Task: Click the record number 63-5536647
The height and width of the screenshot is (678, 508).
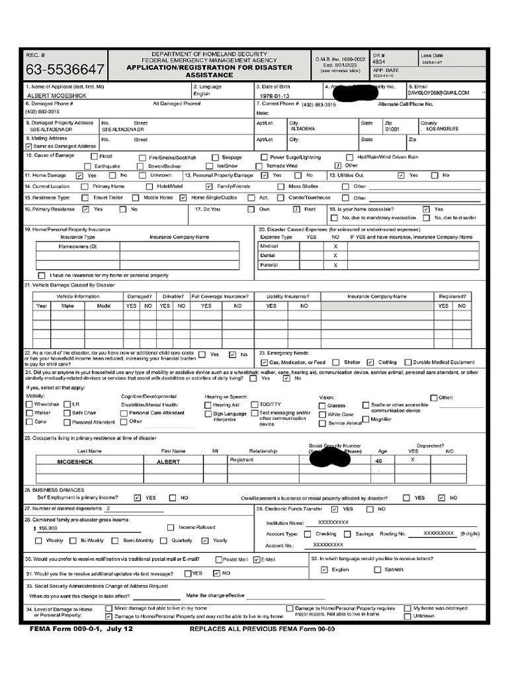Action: pyautogui.click(x=65, y=70)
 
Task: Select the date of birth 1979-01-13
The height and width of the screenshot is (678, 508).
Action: pyautogui.click(x=275, y=95)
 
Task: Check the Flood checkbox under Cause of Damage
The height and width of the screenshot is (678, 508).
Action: pyautogui.click(x=93, y=158)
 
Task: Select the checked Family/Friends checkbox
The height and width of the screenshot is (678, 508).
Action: pyautogui.click(x=210, y=187)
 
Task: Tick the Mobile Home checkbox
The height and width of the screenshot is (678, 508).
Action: pyautogui.click(x=137, y=198)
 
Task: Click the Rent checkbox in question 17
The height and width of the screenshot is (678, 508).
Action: pyautogui.click(x=298, y=209)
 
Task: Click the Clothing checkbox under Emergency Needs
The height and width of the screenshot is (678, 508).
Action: pyautogui.click(x=372, y=363)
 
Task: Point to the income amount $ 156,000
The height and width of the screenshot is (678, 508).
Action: pyautogui.click(x=45, y=529)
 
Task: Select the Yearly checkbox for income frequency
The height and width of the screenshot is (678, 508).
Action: pyautogui.click(x=205, y=540)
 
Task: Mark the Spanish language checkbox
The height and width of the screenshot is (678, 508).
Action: pyautogui.click(x=378, y=569)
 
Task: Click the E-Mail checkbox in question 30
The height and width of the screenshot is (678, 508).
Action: pyautogui.click(x=257, y=559)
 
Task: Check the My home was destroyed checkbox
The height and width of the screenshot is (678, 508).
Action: pyautogui.click(x=407, y=608)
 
